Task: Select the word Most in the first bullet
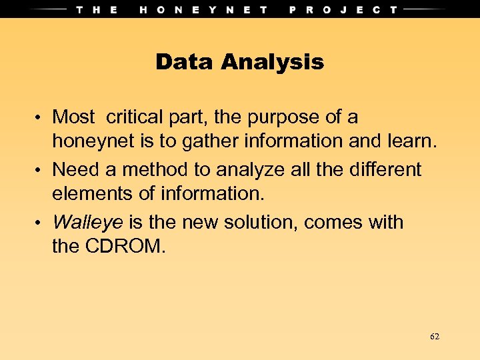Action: (x=73, y=117)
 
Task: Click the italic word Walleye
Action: (x=87, y=222)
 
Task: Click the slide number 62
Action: (x=435, y=337)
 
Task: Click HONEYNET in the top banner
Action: (x=204, y=9)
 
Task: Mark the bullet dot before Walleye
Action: (x=41, y=222)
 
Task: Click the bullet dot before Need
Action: (x=41, y=170)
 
